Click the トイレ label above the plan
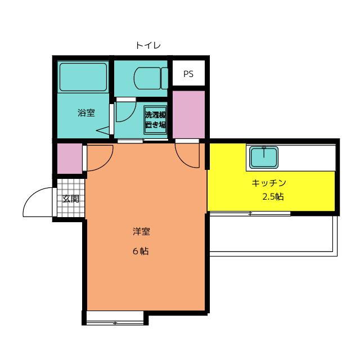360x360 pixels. pos(148,45)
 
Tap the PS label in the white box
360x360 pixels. pos(188,74)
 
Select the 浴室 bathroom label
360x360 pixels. pos(86,112)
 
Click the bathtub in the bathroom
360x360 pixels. pos(83,77)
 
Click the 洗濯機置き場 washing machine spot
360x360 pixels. pos(155,119)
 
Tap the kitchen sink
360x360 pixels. pos(263,157)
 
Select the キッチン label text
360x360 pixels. pos(269,183)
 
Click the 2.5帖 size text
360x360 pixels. pos(273,197)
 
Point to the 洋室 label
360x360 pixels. pos(141,231)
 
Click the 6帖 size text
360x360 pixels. pos(141,251)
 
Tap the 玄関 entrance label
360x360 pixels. pos(71,199)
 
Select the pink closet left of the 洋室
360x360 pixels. pos(70,159)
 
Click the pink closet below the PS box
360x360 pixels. pos(188,114)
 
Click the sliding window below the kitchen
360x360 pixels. pos(250,214)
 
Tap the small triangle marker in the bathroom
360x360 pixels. pos(105,131)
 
